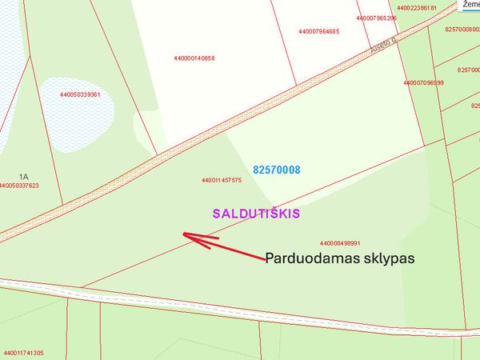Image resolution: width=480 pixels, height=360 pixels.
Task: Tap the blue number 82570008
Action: tap(277, 170)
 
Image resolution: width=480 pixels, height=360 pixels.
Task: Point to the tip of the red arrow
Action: tap(185, 234)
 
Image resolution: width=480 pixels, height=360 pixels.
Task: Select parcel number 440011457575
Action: tap(222, 180)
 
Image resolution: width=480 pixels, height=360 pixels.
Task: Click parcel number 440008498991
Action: tap(340, 243)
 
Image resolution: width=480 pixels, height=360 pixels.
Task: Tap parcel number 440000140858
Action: tap(194, 58)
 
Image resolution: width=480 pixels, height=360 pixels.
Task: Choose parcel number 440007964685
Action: tap(318, 32)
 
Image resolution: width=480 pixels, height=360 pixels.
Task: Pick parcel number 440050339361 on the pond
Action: tap(79, 94)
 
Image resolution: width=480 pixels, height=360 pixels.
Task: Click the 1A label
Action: tap(24, 176)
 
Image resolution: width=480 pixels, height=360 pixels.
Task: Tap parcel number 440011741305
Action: tap(23, 353)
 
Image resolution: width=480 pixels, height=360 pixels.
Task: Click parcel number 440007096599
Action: tap(424, 82)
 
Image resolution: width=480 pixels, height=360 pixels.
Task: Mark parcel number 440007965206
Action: tap(377, 18)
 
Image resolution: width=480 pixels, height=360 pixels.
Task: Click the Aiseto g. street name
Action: tap(383, 47)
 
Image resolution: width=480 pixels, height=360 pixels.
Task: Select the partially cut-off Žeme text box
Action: tap(470, 5)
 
